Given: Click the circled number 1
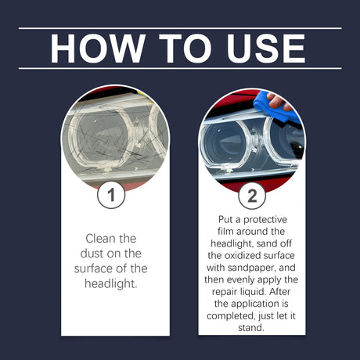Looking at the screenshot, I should click(111, 195).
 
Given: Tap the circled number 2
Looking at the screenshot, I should click(251, 196).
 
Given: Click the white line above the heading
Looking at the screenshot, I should click(180, 28).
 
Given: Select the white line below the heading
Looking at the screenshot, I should click(180, 68).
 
